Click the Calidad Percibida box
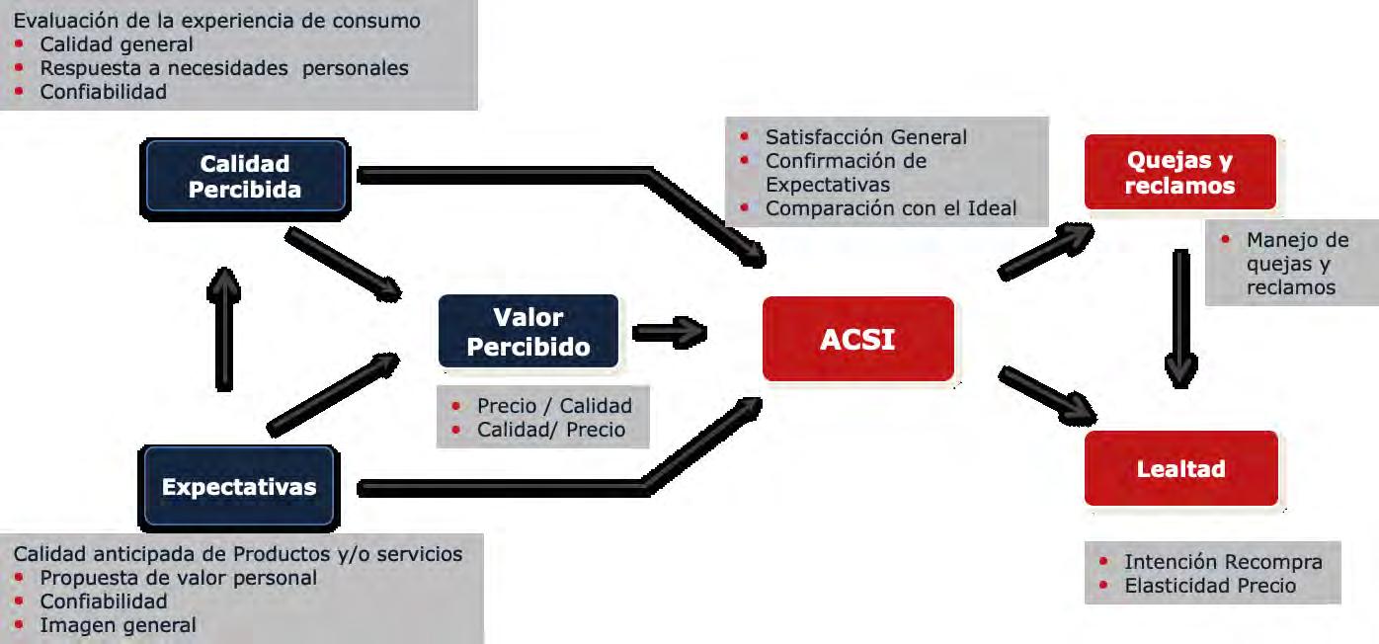[x=245, y=176]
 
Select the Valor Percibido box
[x=528, y=332]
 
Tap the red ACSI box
[x=857, y=339]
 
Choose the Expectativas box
[x=239, y=487]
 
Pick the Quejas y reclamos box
[x=1179, y=172]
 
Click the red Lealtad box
[x=1180, y=468]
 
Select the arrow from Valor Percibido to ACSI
[x=669, y=332]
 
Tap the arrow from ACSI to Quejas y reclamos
[x=1045, y=251]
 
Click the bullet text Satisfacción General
[x=866, y=137]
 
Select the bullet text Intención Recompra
[x=1223, y=562]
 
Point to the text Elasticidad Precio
[x=1210, y=586]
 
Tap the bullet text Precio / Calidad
[x=554, y=406]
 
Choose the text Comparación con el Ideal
[x=891, y=208]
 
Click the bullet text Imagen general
[x=118, y=625]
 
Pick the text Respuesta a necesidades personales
[x=224, y=68]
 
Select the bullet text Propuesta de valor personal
[x=179, y=578]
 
